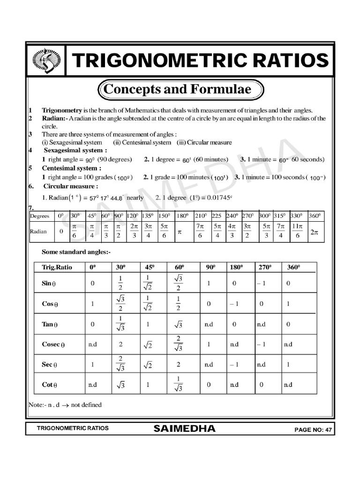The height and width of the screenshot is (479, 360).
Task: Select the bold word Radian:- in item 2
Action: (x=55, y=118)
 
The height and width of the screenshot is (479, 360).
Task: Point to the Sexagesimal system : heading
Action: (x=75, y=151)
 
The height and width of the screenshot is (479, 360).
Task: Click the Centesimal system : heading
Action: (x=71, y=168)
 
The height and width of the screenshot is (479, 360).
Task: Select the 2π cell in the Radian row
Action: (x=314, y=232)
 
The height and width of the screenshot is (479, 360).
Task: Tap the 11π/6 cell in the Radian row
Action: (x=297, y=232)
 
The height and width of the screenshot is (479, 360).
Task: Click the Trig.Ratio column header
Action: (x=56, y=267)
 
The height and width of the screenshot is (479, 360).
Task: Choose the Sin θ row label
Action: (x=49, y=283)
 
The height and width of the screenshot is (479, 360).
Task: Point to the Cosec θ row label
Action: (x=53, y=344)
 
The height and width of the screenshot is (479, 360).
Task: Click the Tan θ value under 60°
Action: (x=178, y=324)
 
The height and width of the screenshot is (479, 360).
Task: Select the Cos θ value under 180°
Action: (x=234, y=304)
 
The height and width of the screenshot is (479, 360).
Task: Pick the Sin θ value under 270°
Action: (x=262, y=283)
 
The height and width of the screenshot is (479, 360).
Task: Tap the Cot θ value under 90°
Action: (x=209, y=385)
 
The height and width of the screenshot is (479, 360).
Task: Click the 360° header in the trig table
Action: (x=293, y=267)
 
